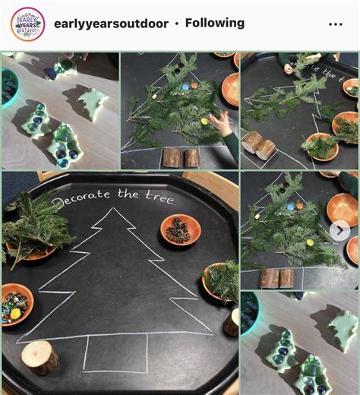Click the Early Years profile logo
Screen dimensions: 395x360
coord(27,24)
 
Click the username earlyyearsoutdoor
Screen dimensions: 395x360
coord(109,24)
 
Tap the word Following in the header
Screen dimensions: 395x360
coord(215,24)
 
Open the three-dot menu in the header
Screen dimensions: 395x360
coord(336,24)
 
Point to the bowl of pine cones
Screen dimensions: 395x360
coord(180,230)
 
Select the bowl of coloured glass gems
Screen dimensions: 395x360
coord(17,302)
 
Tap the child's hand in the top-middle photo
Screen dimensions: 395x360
coord(221,122)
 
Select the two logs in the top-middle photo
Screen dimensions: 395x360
coord(181,157)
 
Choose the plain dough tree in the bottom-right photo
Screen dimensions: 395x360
coord(344,329)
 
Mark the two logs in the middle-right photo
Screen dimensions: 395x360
coord(279,277)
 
